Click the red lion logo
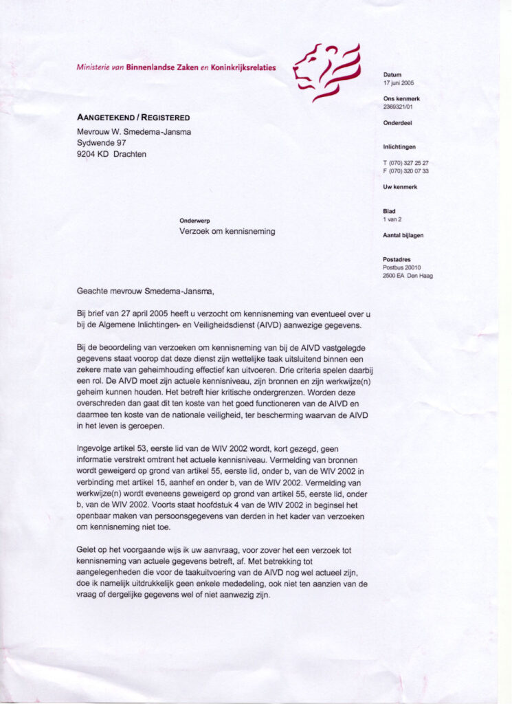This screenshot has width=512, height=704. [326, 71]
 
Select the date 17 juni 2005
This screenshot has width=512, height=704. [399, 83]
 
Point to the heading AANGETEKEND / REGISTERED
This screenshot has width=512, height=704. [133, 118]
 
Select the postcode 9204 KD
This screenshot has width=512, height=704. [91, 154]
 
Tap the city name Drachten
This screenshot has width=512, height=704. [130, 154]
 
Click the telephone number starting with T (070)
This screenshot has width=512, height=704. [406, 162]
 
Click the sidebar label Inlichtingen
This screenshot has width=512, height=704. [399, 146]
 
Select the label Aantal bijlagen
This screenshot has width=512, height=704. [403, 235]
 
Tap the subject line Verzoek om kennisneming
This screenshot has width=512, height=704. [227, 232]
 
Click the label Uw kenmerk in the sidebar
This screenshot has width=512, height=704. [400, 187]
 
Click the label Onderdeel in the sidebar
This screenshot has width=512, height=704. [398, 123]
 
